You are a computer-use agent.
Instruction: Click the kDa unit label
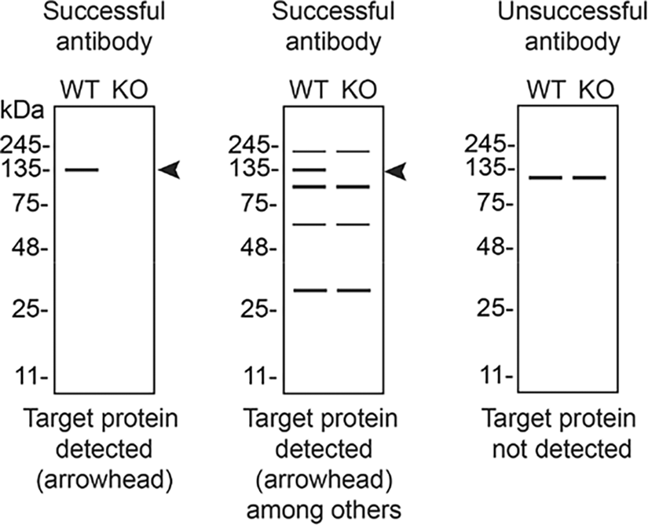click(22, 111)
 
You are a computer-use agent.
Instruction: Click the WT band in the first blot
click(82, 170)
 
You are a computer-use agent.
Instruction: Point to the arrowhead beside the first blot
click(170, 170)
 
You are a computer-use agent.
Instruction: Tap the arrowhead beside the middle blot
click(396, 171)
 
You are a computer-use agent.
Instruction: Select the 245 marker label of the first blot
click(24, 146)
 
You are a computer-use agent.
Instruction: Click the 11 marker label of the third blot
click(496, 375)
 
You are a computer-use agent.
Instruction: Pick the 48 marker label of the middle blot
click(257, 249)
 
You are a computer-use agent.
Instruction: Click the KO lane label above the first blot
click(130, 89)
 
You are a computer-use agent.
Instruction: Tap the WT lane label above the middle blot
click(309, 89)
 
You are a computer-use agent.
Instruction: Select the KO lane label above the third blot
click(596, 89)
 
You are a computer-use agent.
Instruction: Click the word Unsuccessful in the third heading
click(573, 12)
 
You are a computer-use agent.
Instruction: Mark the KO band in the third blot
click(589, 178)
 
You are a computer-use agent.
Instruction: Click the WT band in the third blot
click(546, 178)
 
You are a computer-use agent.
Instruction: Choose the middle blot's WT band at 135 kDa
click(309, 170)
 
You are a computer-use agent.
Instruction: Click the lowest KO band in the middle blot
click(353, 290)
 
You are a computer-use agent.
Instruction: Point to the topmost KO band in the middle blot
click(353, 151)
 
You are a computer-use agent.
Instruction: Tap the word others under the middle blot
click(372, 510)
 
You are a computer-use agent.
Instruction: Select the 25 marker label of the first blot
click(29, 309)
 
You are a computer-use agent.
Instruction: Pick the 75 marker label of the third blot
click(495, 204)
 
